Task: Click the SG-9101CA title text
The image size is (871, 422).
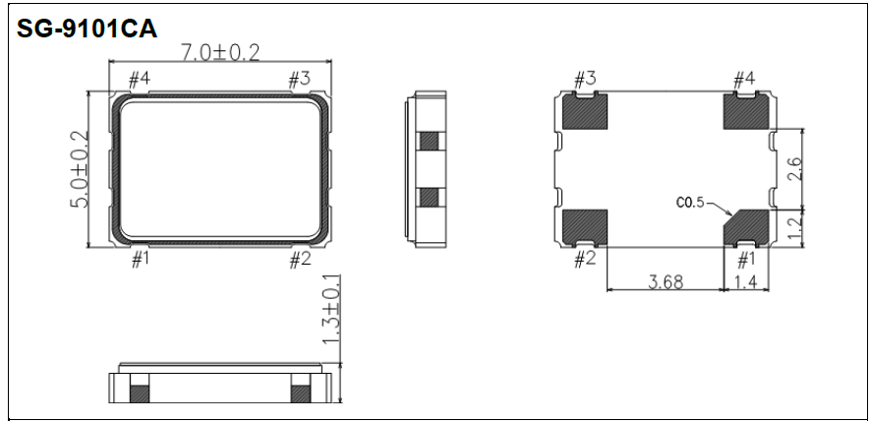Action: tap(87, 29)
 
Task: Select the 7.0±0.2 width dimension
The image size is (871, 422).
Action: tap(220, 53)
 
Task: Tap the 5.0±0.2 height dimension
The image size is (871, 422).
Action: tap(81, 168)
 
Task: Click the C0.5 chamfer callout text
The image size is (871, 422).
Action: tap(691, 203)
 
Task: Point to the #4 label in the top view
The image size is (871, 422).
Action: tap(139, 78)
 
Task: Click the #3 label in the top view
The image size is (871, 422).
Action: tap(299, 78)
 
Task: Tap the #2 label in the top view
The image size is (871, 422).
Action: tap(300, 259)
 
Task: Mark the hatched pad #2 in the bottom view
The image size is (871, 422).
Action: tap(585, 225)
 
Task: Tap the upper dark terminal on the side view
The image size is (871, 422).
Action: tap(427, 141)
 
